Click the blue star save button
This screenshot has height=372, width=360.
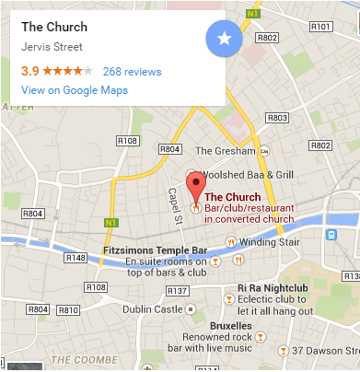click(x=226, y=40)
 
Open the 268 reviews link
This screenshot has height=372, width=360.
click(x=132, y=71)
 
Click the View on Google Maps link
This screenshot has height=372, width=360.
click(x=75, y=90)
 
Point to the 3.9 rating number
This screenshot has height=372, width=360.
click(x=29, y=71)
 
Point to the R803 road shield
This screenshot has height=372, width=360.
click(x=275, y=119)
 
